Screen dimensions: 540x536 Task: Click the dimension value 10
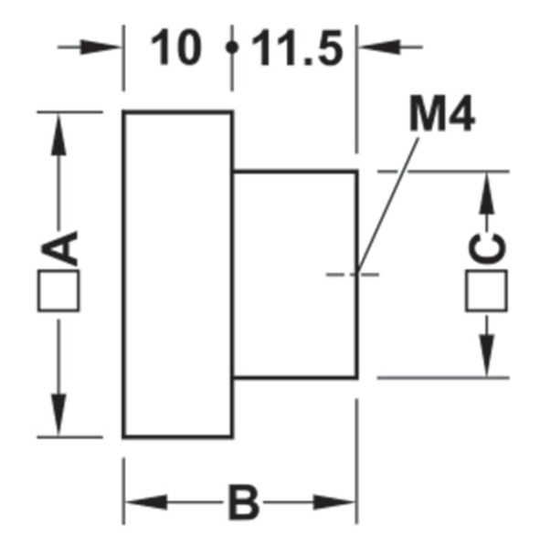176,47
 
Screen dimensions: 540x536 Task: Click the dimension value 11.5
298,47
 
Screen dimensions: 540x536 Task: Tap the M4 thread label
442,112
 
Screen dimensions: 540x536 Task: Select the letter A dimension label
59,247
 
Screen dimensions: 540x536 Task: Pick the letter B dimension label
243,502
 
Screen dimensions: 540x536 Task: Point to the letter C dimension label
487,247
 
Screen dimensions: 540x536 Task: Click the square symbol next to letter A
58,291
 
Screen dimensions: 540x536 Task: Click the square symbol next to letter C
486,291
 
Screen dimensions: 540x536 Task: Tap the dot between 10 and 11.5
232,47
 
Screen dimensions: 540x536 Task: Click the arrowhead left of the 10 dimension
101,47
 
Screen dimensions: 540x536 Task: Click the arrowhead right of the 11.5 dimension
379,47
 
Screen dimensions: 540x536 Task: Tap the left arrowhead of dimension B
146,502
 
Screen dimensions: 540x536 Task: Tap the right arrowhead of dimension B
334,502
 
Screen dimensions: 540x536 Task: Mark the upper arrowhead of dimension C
487,193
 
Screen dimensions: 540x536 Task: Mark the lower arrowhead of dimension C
487,356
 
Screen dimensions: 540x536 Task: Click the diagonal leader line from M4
388,205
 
